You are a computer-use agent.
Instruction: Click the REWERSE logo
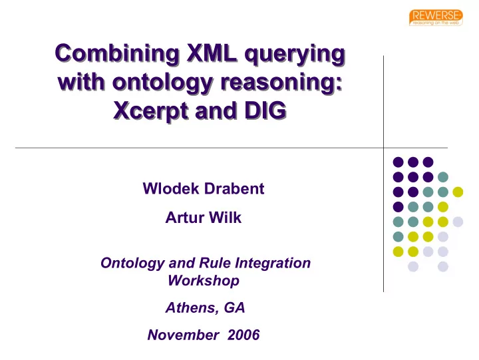[x=436, y=18]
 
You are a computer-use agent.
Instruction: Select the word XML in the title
[x=212, y=53]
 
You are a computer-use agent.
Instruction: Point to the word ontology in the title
[x=162, y=83]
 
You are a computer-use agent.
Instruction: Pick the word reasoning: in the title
[x=281, y=83]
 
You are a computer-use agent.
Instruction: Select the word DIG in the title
[x=265, y=110]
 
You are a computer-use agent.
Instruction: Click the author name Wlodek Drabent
[x=204, y=188]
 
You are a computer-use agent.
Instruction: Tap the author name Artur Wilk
[x=204, y=218]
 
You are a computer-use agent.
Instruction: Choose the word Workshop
[x=204, y=281]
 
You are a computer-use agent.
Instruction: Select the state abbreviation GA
[x=235, y=307]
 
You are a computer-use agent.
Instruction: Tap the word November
[x=183, y=335]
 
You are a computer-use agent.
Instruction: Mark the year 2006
[x=243, y=335]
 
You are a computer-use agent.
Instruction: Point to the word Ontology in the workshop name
[x=132, y=264]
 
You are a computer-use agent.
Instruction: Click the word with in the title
[x=82, y=82]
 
